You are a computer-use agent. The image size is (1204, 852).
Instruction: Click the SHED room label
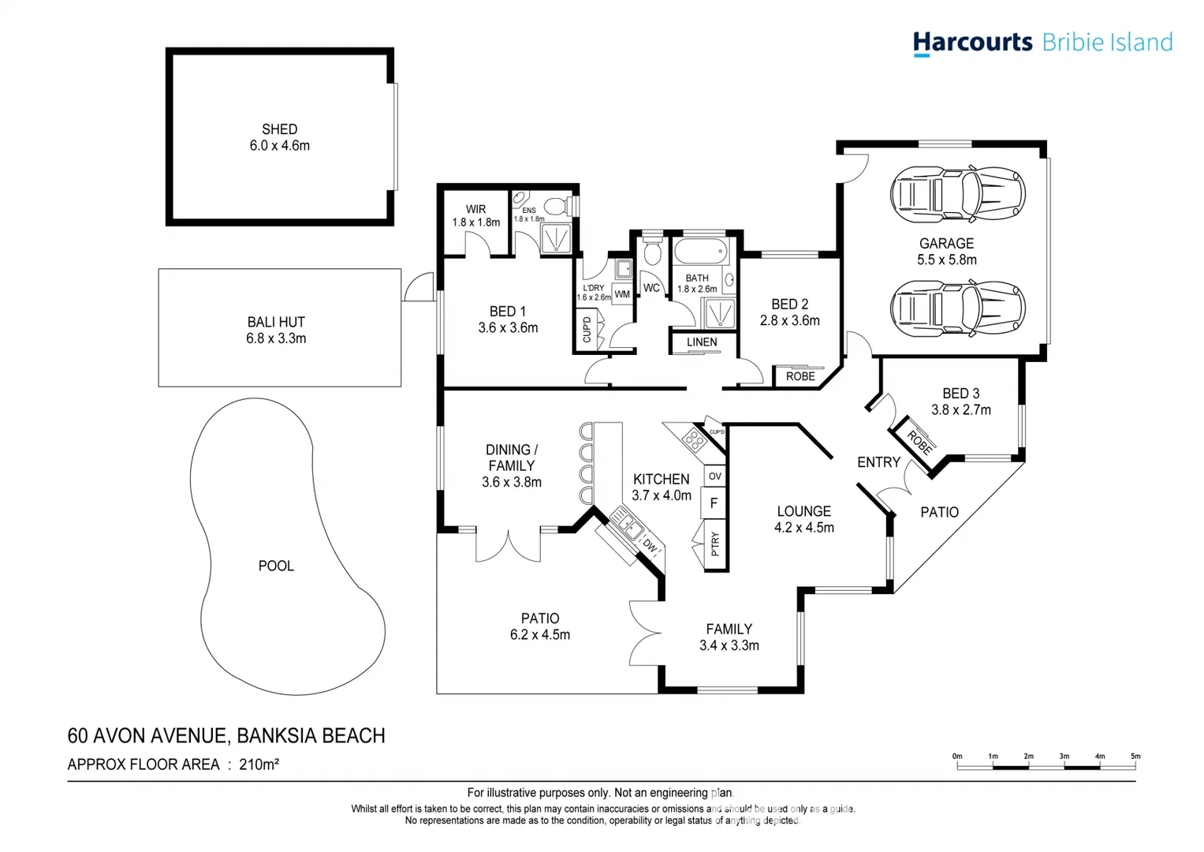(279, 129)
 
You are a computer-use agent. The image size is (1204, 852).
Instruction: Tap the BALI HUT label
(276, 322)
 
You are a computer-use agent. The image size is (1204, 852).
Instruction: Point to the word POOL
(276, 566)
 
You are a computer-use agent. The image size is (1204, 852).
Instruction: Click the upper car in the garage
(958, 193)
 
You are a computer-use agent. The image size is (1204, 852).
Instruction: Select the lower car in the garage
(958, 308)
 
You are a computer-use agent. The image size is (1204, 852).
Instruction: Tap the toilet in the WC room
(652, 251)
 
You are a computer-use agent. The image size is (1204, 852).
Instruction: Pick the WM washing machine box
(622, 294)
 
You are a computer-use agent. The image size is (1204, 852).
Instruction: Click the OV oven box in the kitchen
(714, 476)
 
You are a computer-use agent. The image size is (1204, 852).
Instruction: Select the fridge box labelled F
(714, 503)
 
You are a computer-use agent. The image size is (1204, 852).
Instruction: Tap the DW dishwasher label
(650, 546)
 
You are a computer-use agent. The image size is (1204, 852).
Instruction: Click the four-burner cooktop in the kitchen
(694, 440)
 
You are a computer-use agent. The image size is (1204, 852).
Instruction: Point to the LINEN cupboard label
(702, 342)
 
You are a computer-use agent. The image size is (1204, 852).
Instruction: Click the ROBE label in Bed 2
(800, 376)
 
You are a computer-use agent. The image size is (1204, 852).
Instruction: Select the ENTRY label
(878, 462)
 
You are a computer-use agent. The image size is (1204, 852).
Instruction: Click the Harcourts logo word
(972, 42)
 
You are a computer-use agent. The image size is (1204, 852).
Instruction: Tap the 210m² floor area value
(259, 764)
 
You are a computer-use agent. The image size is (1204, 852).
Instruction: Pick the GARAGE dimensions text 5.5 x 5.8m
(946, 260)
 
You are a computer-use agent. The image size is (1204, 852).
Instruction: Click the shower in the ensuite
(556, 237)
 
